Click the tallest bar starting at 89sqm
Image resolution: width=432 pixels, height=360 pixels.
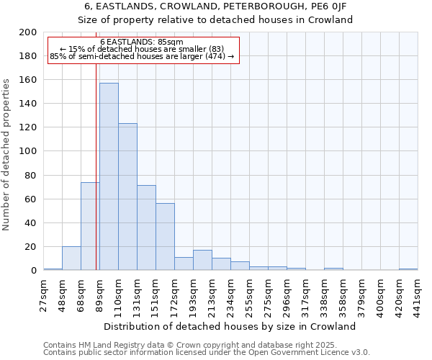pyautogui.click(x=109, y=176)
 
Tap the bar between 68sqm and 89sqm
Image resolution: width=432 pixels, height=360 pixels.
pyautogui.click(x=90, y=226)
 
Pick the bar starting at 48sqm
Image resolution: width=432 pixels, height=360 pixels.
pyautogui.click(x=71, y=258)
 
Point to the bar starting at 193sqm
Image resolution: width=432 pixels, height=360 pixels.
pyautogui.click(x=202, y=260)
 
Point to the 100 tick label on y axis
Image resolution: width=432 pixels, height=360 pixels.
pyautogui.click(x=28, y=151)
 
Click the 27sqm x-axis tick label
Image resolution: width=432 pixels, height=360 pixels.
pyautogui.click(x=44, y=294)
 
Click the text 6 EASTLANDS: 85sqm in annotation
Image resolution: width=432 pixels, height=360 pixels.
pyautogui.click(x=142, y=42)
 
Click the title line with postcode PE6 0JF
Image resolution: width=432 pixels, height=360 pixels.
pyautogui.click(x=215, y=6)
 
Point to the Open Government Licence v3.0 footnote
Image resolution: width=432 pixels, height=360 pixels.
pyautogui.click(x=207, y=352)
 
